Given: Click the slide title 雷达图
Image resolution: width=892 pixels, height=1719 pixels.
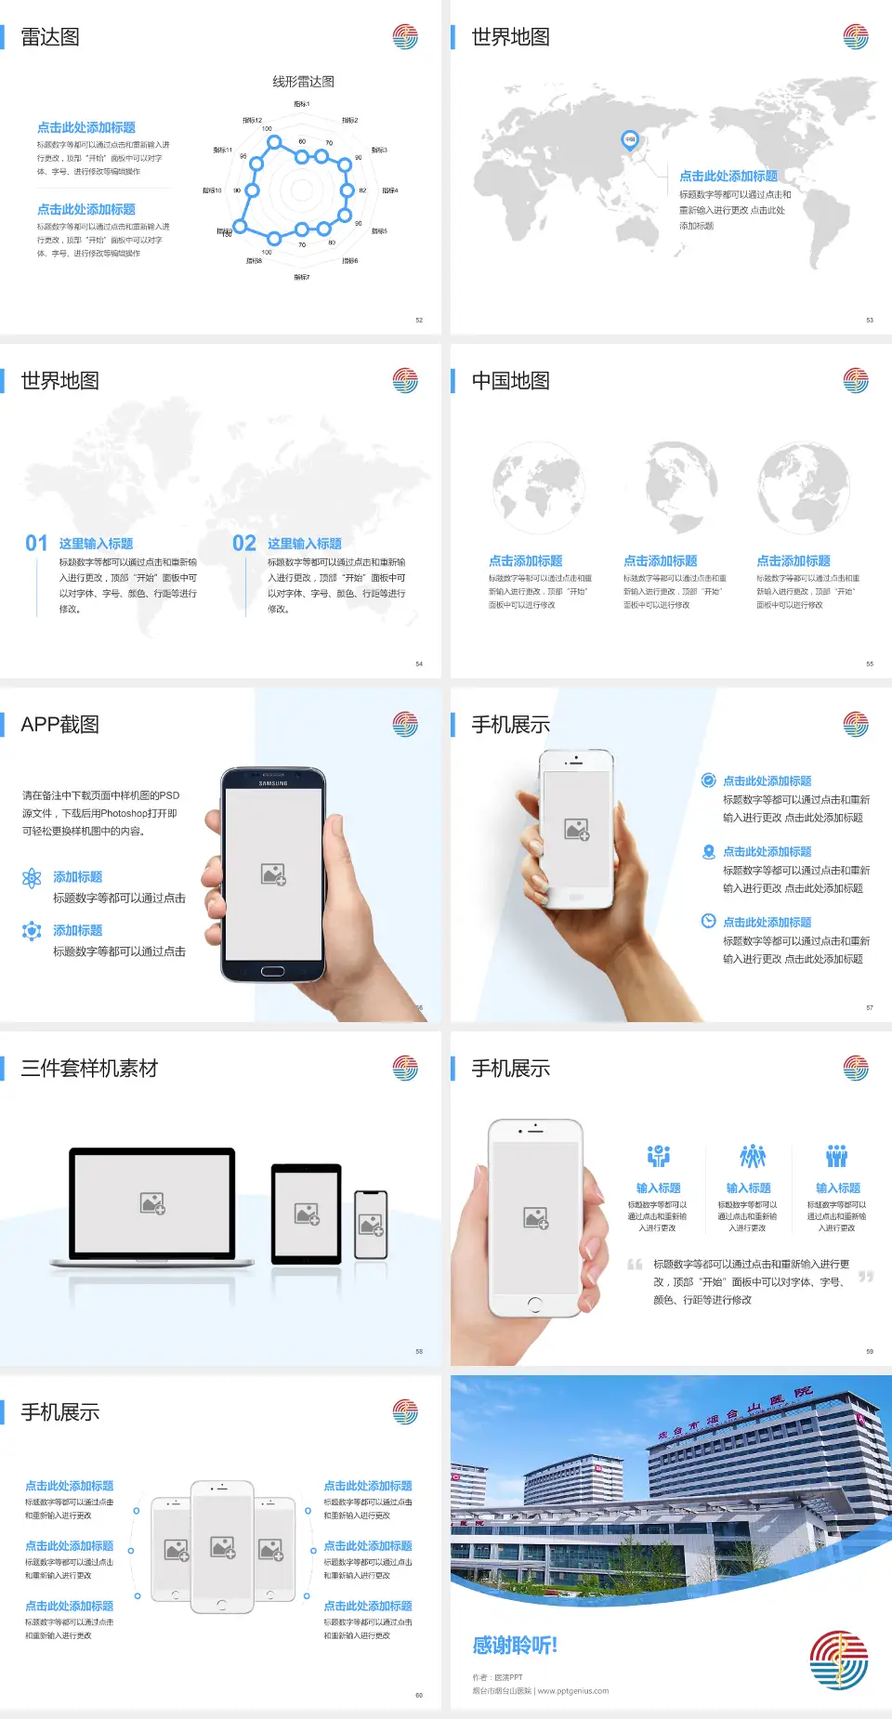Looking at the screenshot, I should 50,37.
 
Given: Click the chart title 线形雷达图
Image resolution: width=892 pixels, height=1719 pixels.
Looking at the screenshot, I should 303,82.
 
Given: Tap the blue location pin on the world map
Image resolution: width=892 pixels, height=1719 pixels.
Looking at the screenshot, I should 629,139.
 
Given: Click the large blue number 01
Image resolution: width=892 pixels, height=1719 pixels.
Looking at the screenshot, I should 36,544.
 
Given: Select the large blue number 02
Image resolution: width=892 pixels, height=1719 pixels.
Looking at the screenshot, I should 244,544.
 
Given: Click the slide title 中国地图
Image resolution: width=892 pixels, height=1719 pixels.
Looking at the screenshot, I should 510,381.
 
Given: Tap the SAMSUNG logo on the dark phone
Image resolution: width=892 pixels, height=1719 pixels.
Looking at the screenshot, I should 273,783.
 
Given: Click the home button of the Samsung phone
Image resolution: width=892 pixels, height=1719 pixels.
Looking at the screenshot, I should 272,971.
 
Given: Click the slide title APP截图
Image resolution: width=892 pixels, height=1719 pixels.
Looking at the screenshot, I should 59,725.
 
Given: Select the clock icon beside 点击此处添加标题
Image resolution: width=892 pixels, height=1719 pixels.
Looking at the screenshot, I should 708,921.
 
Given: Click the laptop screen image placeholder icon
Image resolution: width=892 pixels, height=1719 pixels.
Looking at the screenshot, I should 152,1203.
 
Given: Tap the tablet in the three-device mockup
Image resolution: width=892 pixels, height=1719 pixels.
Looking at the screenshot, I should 307,1213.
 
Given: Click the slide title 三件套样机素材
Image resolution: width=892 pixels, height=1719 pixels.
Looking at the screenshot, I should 89,1069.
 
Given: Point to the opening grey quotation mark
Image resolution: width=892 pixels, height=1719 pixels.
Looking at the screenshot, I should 636,1265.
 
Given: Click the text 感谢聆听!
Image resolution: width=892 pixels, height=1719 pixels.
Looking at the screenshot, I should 515,1646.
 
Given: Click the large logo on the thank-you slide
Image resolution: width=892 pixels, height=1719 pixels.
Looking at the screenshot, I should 838,1660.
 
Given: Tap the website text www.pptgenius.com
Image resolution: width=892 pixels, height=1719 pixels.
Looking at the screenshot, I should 573,1691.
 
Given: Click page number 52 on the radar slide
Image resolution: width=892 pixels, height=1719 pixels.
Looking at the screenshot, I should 419,321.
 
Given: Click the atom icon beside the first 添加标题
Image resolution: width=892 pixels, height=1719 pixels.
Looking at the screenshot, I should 32,878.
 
